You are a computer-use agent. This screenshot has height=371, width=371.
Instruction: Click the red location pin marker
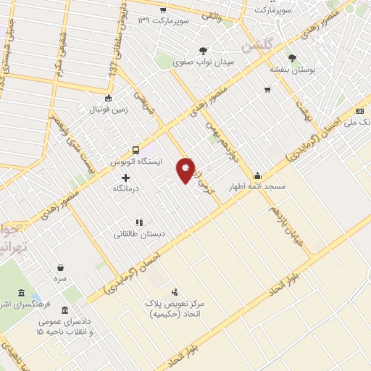click(186, 170)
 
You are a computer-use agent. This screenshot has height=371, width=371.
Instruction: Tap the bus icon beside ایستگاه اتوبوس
click(135, 150)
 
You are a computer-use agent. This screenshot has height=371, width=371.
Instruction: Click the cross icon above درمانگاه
click(126, 178)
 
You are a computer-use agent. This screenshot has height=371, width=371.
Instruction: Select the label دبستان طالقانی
click(138, 234)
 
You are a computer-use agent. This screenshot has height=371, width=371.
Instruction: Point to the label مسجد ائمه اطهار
click(259, 187)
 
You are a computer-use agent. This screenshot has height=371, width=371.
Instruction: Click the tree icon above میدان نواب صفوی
click(203, 51)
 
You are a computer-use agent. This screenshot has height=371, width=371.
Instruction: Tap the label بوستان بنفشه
click(291, 70)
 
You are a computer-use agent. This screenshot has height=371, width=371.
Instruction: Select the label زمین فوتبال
click(108, 110)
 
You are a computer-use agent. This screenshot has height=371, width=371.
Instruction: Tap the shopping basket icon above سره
click(59, 267)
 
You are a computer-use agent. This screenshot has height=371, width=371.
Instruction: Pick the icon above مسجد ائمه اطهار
click(257, 175)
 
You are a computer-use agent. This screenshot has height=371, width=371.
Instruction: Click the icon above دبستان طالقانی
click(138, 222)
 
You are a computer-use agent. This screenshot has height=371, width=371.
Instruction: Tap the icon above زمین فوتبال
click(109, 99)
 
